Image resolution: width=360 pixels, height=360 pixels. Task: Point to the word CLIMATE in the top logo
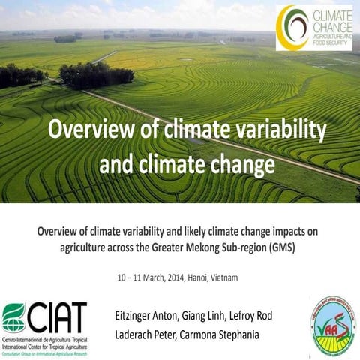tap(328, 14)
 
